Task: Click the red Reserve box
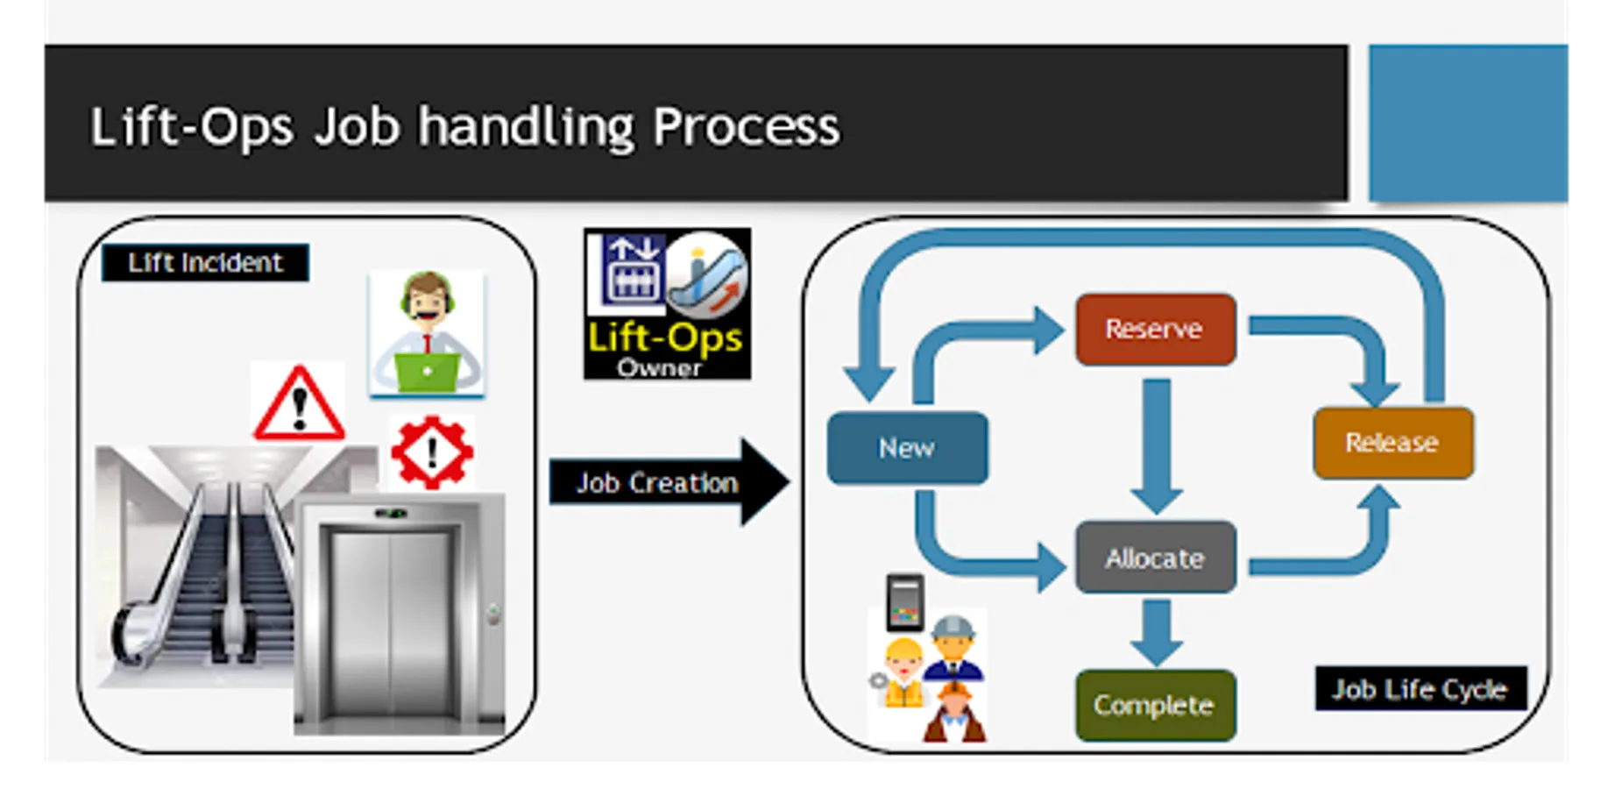1155,330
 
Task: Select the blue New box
907,448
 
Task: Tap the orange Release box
1392,443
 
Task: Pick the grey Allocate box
1155,558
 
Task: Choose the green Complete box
1155,705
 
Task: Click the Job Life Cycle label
1420,689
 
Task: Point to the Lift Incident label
205,263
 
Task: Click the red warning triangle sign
299,404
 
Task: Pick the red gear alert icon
432,452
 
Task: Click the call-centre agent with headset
427,333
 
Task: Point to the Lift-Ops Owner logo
667,303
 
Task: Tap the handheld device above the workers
905,602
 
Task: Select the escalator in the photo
202,570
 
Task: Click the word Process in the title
746,126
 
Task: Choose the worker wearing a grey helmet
953,649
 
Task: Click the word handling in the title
526,126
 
